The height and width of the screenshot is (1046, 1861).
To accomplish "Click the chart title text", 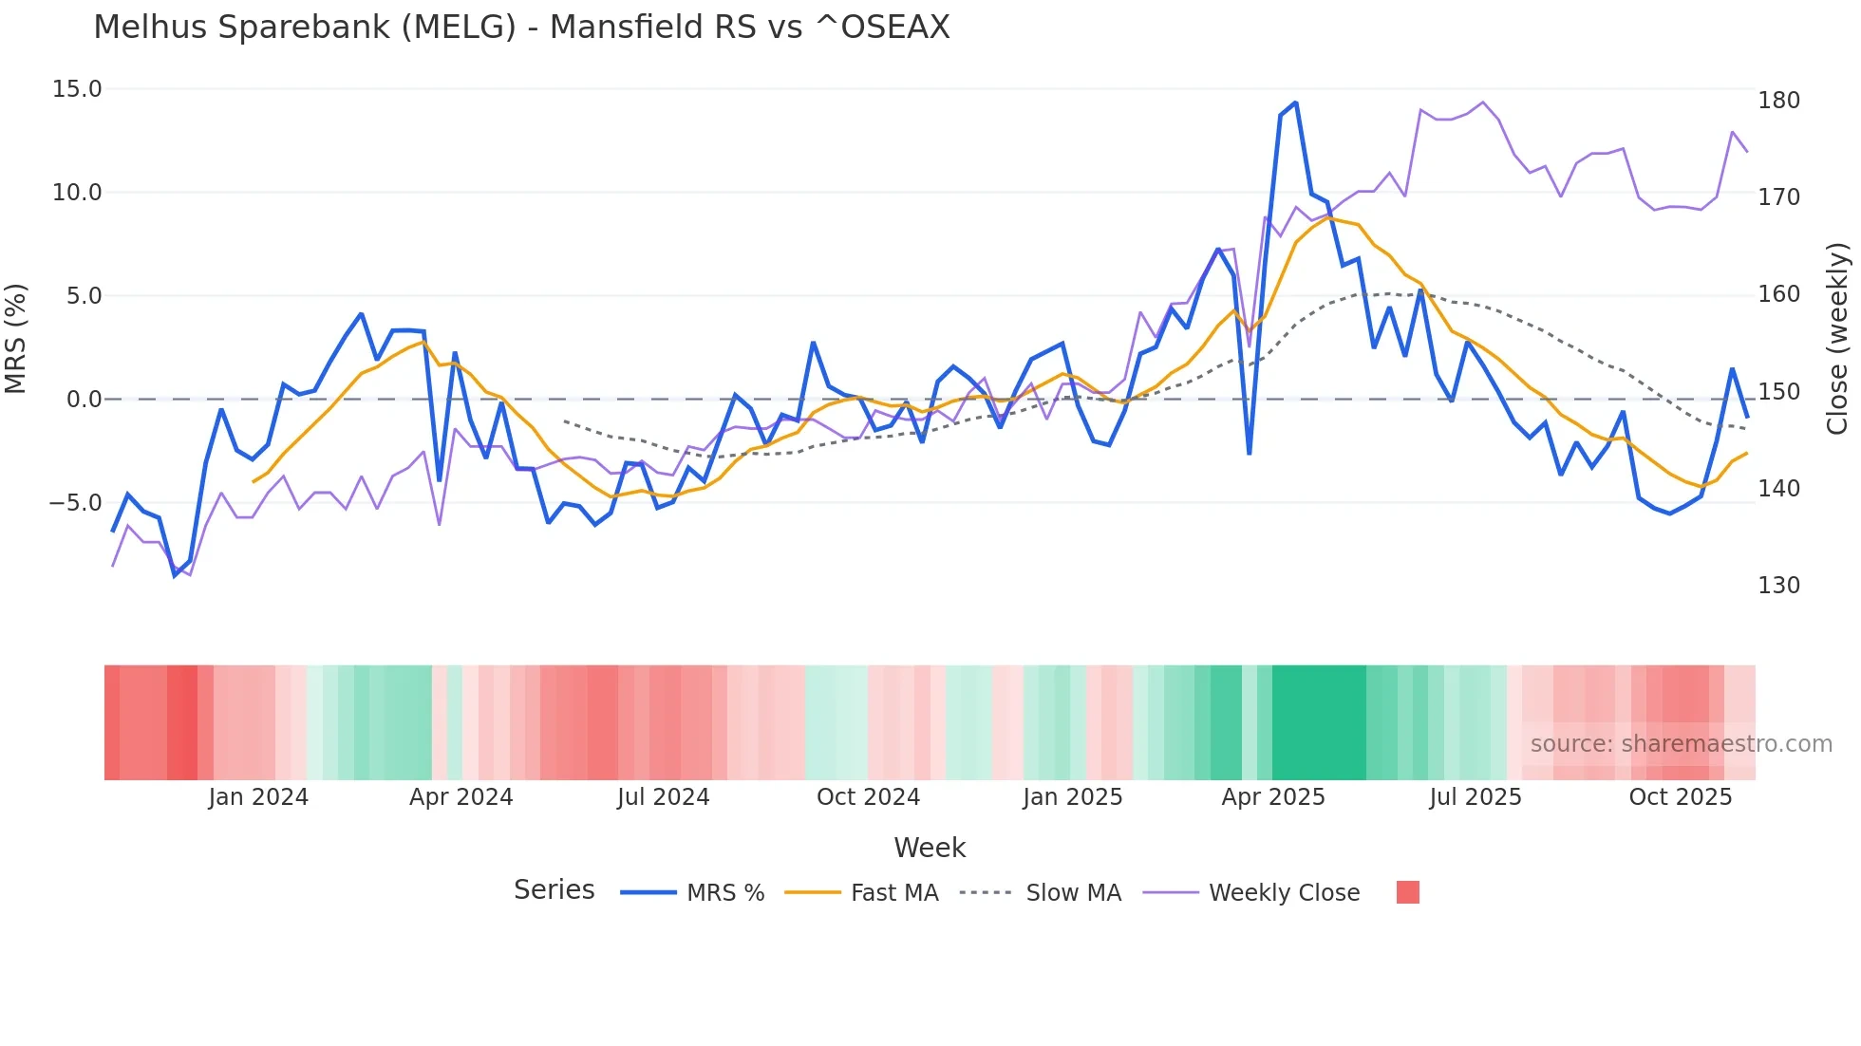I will (521, 28).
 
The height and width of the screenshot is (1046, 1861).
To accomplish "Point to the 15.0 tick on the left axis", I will (77, 89).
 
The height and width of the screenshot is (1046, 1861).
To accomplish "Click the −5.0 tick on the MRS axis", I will (75, 503).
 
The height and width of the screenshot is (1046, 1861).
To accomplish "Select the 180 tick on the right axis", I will (1778, 101).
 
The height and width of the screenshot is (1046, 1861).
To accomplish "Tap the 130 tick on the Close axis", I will (1778, 586).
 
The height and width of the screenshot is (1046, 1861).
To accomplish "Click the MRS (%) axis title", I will (16, 339).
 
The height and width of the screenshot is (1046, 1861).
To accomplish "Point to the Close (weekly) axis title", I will (1837, 339).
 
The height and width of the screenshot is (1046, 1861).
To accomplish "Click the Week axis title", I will (930, 848).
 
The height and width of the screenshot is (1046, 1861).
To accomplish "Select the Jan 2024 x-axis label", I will (258, 797).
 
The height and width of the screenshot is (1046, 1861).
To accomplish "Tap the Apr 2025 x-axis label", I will (1272, 797).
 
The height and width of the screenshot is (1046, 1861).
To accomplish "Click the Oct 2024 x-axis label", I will (868, 797).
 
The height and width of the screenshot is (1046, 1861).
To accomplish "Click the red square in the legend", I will (1408, 892).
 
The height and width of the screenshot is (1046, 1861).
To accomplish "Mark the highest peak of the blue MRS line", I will (1295, 103).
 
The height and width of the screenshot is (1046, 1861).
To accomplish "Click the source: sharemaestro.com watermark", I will (1681, 744).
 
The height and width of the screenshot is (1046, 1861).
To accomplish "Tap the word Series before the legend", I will (554, 890).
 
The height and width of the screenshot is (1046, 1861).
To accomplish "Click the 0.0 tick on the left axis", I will (84, 400).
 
